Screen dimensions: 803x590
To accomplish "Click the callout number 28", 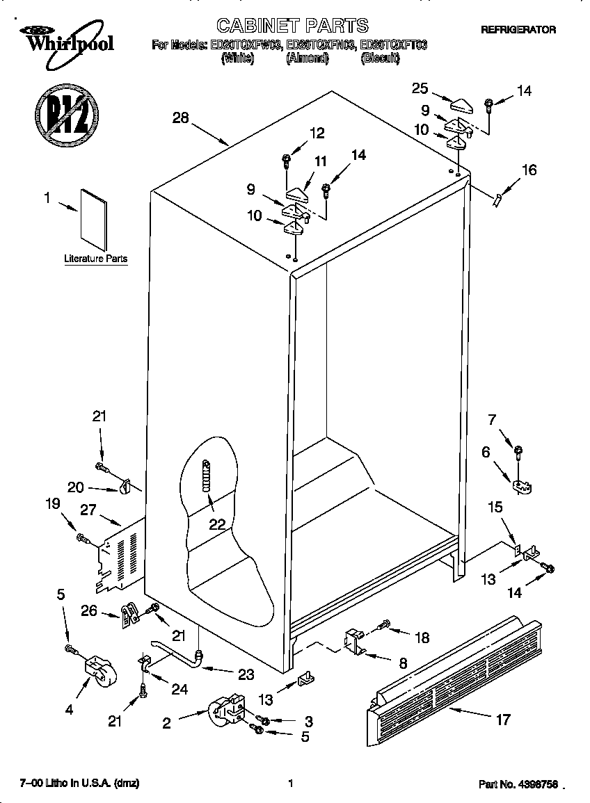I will point(181,118).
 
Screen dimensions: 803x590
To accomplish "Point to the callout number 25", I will point(420,88).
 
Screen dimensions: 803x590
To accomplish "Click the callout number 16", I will point(529,169).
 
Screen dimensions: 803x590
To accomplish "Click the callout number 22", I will point(217,524).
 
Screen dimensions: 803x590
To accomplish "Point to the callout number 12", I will point(317,133).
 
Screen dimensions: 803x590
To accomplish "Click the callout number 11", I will point(319,161).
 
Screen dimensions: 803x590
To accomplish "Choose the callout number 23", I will point(246,674).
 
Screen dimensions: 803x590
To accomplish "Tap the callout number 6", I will point(486,452).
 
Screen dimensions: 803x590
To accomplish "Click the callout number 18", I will point(422,638).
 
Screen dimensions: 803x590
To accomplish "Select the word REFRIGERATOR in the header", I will point(518,30).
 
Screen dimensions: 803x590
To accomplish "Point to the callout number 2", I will point(166,723).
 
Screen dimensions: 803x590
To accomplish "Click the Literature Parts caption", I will point(96,259).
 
